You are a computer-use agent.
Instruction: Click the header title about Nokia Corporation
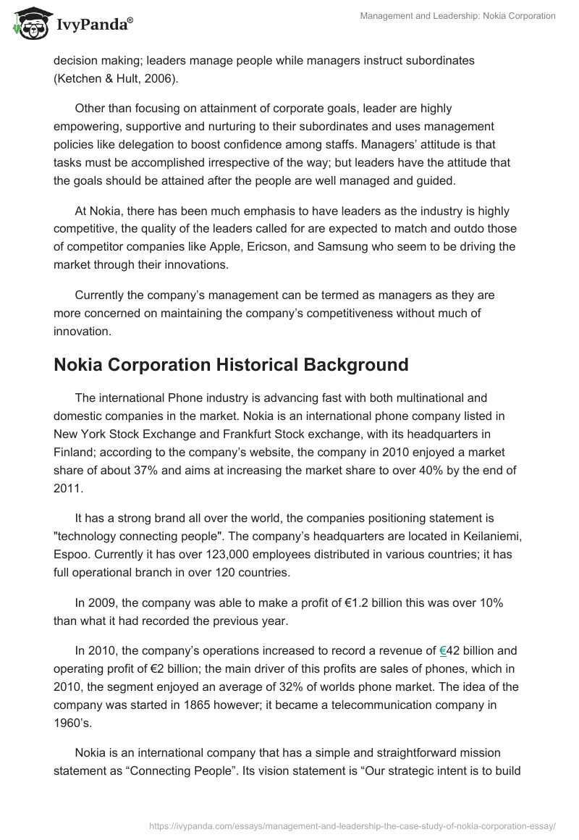(x=457, y=16)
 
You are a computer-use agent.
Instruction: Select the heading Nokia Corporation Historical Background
(x=231, y=364)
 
